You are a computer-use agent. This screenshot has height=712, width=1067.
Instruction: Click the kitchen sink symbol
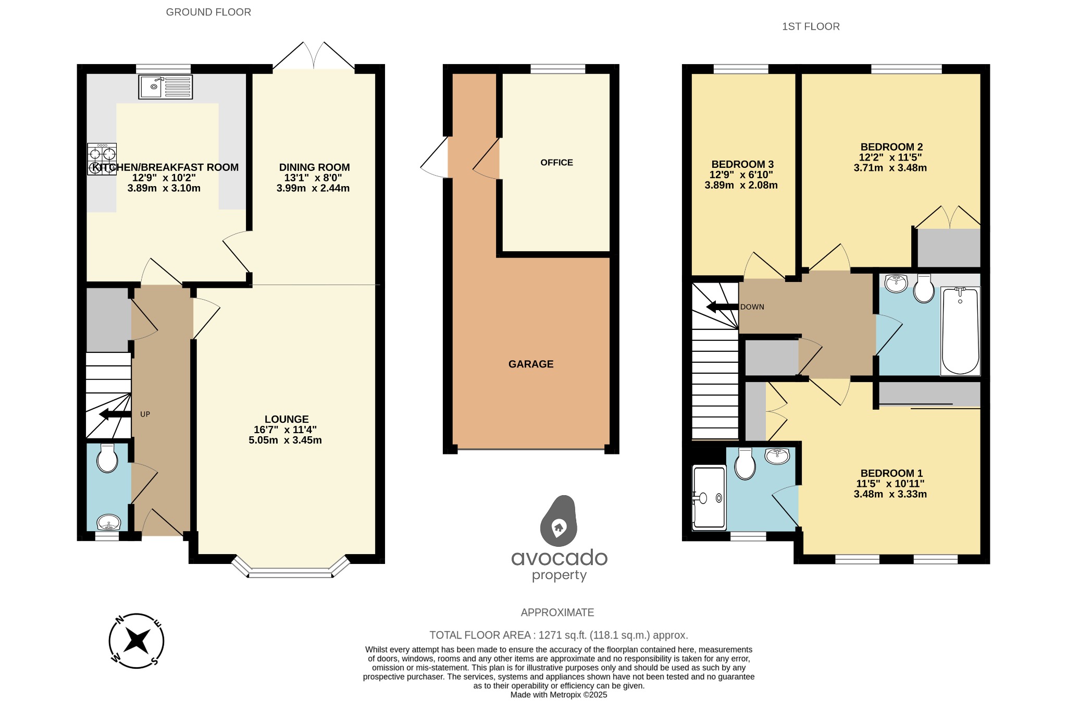(x=165, y=87)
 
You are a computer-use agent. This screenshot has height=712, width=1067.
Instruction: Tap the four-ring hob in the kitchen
(x=102, y=159)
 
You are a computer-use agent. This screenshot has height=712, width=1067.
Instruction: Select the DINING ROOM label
(x=314, y=167)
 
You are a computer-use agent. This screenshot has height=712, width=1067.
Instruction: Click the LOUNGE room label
(x=287, y=419)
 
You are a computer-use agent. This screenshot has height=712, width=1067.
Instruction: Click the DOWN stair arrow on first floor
(x=722, y=307)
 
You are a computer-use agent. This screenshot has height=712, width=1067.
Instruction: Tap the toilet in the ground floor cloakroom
(x=107, y=459)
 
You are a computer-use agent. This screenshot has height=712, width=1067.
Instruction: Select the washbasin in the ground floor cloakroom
(x=109, y=522)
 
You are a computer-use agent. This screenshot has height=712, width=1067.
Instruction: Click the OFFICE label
(x=556, y=163)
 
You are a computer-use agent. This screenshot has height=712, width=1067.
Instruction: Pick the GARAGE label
(x=531, y=364)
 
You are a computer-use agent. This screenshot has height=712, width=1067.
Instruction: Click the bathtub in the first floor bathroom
(x=960, y=330)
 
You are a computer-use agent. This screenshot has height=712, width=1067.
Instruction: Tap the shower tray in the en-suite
(x=708, y=498)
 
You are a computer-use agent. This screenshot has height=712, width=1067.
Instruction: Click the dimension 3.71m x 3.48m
(x=890, y=168)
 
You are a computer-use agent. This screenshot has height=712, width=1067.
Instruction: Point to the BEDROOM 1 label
(x=891, y=473)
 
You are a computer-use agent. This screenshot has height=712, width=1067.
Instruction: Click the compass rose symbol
(x=137, y=641)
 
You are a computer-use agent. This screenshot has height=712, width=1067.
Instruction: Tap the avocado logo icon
(x=559, y=521)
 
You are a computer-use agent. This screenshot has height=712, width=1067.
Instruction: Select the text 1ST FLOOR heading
(x=811, y=27)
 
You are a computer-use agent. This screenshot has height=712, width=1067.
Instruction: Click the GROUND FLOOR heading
(x=208, y=12)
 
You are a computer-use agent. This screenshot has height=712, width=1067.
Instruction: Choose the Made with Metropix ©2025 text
(x=559, y=695)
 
